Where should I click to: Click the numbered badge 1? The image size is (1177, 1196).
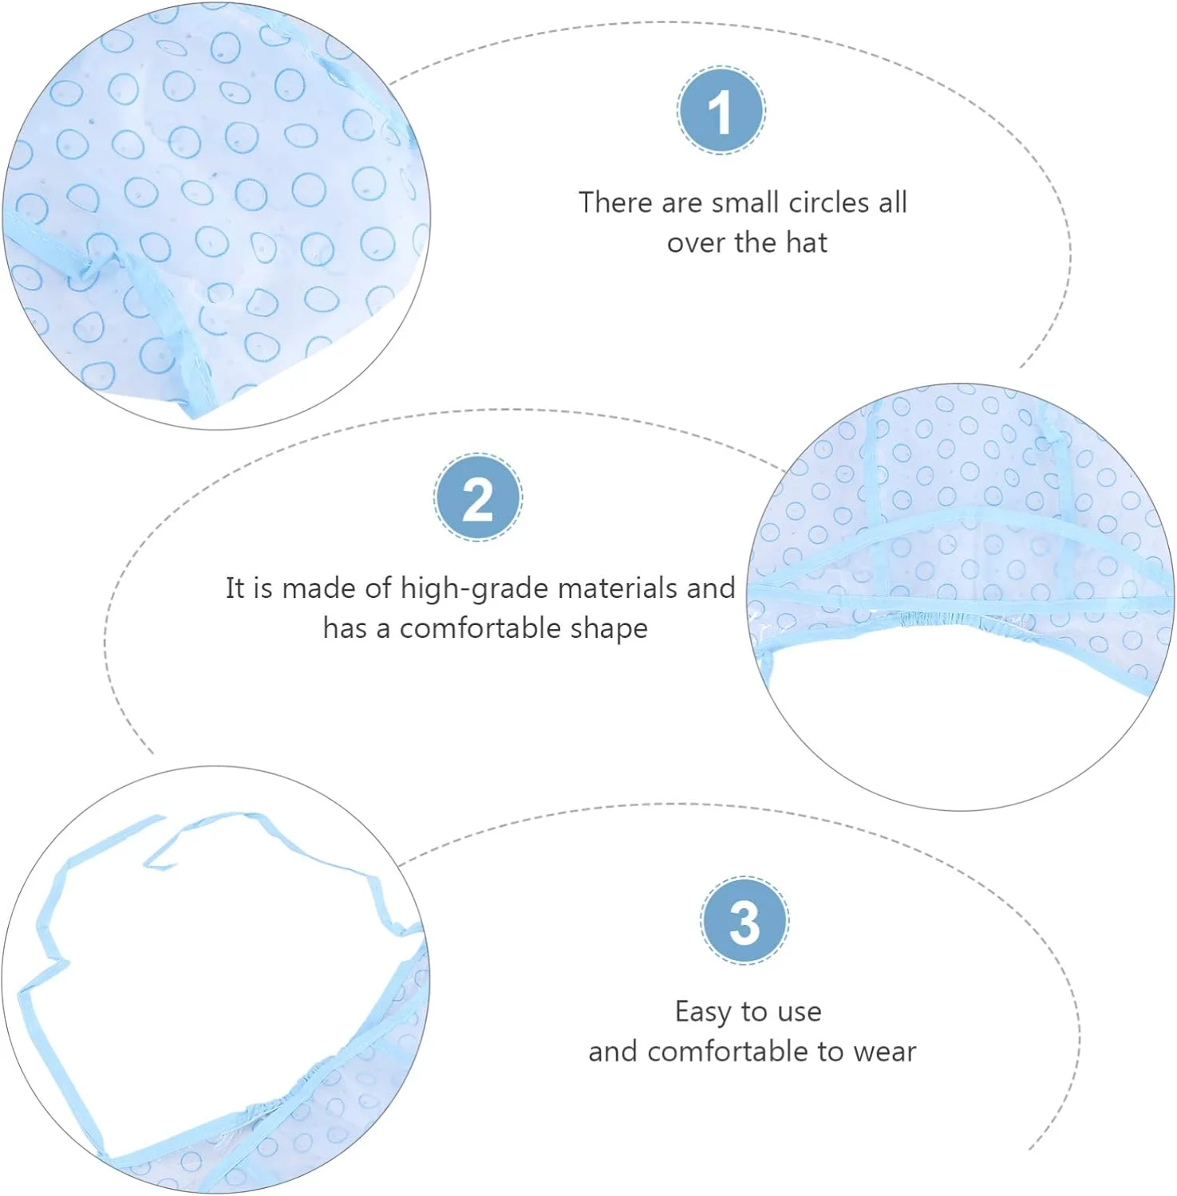(721, 110)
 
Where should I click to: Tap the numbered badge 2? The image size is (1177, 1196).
(478, 498)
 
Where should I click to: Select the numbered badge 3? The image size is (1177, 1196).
(745, 920)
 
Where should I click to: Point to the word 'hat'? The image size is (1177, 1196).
(807, 242)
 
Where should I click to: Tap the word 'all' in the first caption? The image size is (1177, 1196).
(893, 203)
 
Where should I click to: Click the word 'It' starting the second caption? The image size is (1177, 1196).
(234, 588)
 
